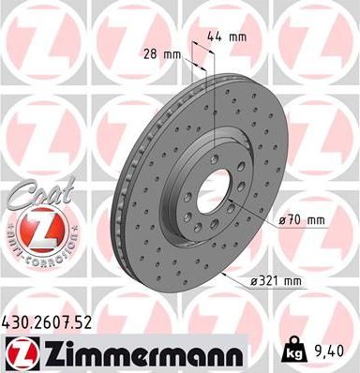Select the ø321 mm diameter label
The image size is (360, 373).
coord(275,280)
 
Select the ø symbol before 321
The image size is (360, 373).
coord(253,280)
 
